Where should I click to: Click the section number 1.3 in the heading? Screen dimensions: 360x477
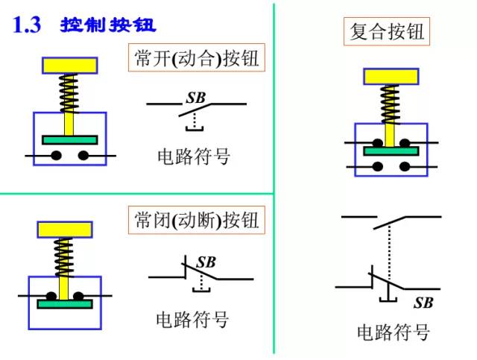28,26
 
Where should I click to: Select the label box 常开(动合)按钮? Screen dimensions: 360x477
198,58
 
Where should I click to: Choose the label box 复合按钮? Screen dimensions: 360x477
388,32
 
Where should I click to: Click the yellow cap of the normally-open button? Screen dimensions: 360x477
70,65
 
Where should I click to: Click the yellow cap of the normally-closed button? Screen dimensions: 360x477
65,230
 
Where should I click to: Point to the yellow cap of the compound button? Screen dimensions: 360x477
390,76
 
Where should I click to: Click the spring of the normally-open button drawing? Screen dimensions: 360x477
70,92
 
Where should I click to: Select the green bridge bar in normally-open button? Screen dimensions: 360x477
70,139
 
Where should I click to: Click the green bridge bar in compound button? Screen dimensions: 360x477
389,151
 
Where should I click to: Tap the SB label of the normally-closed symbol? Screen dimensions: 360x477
206,262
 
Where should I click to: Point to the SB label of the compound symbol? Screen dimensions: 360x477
423,303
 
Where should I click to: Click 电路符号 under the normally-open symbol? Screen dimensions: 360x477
194,157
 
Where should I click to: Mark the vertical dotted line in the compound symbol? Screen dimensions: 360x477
388,257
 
